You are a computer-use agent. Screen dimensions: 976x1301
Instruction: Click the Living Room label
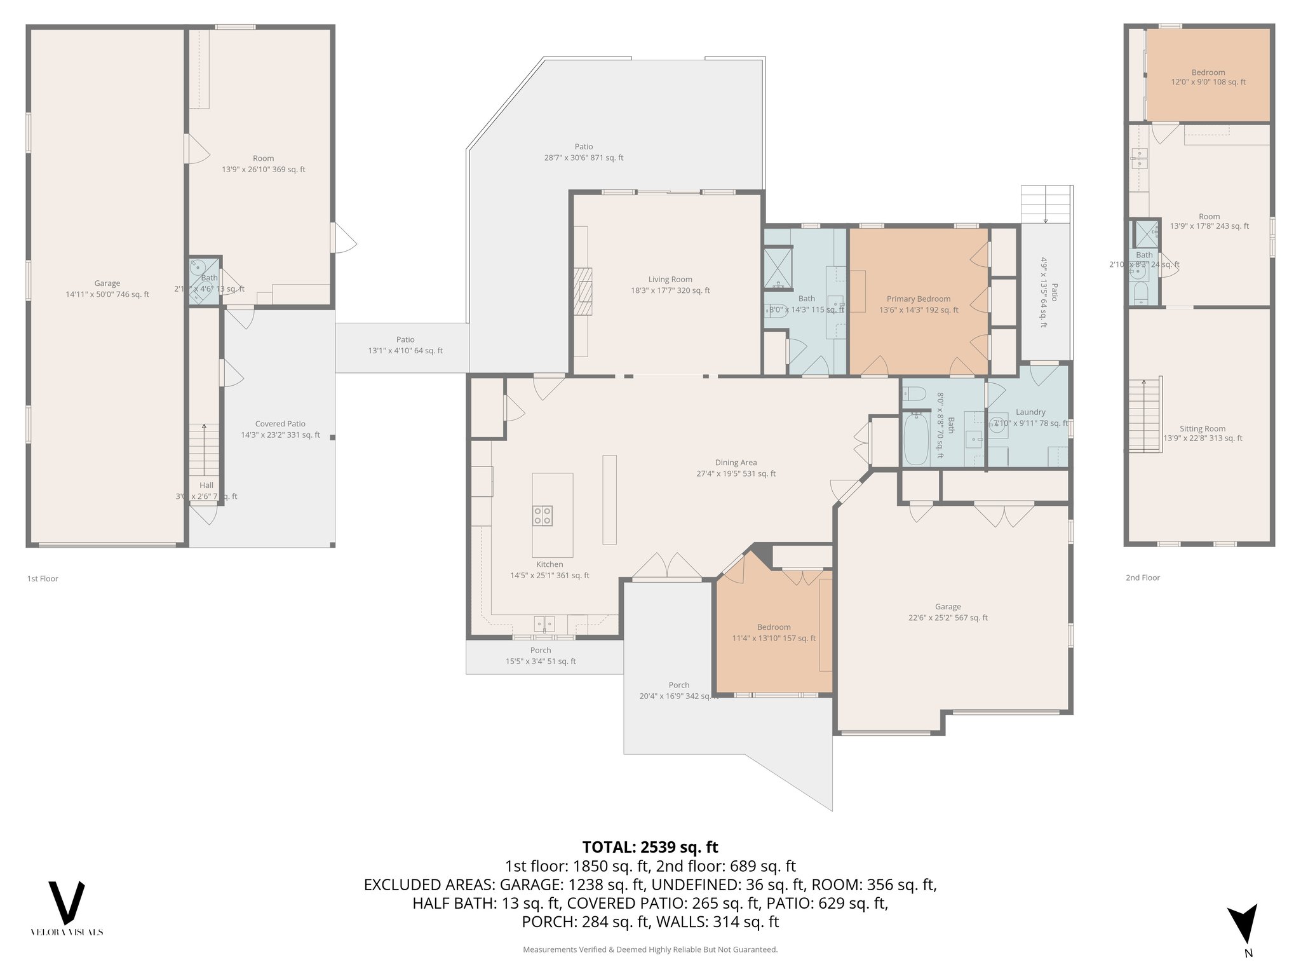[670, 285]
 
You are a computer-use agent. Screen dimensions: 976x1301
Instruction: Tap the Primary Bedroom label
[919, 304]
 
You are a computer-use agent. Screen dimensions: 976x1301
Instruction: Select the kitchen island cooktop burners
[542, 515]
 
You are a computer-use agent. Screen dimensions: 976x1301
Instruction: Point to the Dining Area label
[736, 468]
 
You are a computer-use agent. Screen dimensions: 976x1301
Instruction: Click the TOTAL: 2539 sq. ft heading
[650, 847]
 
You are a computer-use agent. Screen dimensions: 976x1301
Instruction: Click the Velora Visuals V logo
[67, 903]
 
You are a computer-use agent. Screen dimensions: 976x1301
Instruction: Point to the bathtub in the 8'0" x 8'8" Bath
[915, 438]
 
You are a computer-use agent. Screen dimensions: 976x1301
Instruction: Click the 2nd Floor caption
[1142, 578]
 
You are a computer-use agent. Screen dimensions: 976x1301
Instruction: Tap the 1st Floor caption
[43, 578]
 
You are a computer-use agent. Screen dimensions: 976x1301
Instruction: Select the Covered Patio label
[280, 430]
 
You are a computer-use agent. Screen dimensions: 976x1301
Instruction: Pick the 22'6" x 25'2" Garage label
[948, 612]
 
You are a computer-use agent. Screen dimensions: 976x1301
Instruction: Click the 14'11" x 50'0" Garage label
[107, 288]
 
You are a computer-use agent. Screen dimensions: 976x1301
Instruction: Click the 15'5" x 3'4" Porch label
[541, 655]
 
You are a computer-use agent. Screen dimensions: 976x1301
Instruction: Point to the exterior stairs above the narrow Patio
[1046, 203]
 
